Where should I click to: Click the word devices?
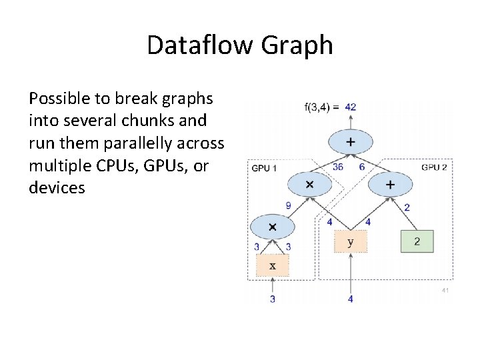pos(57,187)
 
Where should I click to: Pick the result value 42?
pos(351,107)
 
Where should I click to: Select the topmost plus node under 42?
pos(351,141)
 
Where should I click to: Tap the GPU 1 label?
pos(265,167)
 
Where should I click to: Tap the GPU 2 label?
pos(434,167)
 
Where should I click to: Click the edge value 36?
pos(338,167)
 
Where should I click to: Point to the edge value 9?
pos(288,206)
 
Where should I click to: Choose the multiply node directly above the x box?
pos(272,227)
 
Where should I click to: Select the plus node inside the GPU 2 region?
pos(390,185)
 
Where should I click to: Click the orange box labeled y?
pos(351,241)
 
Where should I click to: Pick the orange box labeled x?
pos(272,266)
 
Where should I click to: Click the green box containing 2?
pos(417,241)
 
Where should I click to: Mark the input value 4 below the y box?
pos(351,299)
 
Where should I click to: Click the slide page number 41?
pos(445,291)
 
